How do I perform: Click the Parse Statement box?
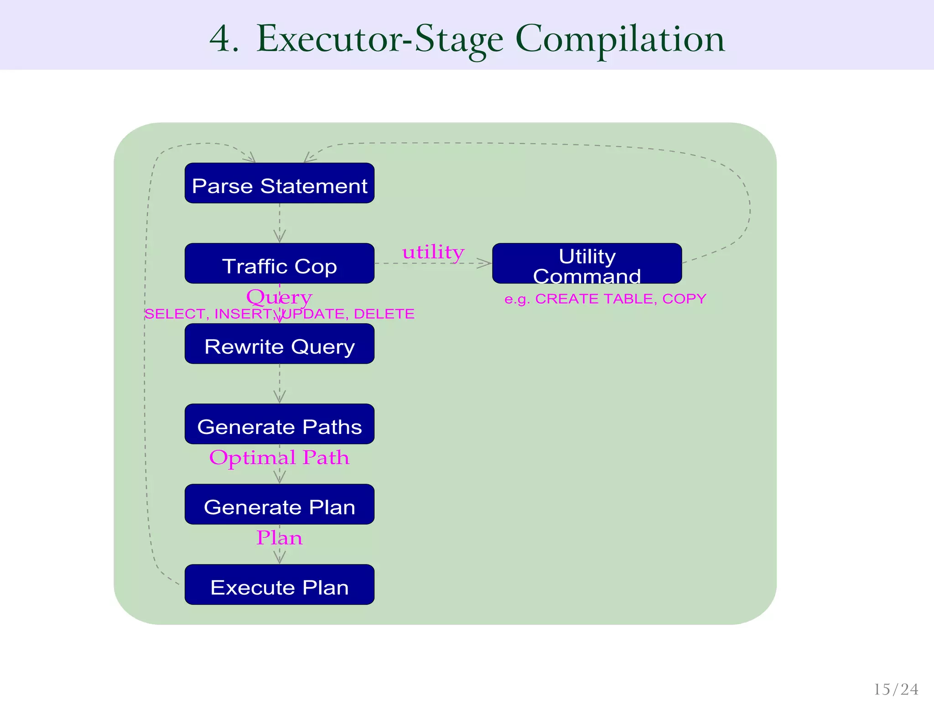279,183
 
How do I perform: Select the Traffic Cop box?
279,263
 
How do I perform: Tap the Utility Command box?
587,263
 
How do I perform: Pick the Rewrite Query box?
279,344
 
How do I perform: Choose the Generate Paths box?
279,424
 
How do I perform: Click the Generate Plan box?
279,504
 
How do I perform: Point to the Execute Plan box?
279,585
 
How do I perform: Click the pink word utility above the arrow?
433,252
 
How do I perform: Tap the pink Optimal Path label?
279,457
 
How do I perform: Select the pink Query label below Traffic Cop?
279,297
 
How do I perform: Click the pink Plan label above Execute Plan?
279,538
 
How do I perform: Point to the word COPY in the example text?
684,299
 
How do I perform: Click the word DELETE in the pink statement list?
384,314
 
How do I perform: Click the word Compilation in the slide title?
620,39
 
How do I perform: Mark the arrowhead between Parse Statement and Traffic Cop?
280,237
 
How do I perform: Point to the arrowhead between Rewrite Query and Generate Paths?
280,398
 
